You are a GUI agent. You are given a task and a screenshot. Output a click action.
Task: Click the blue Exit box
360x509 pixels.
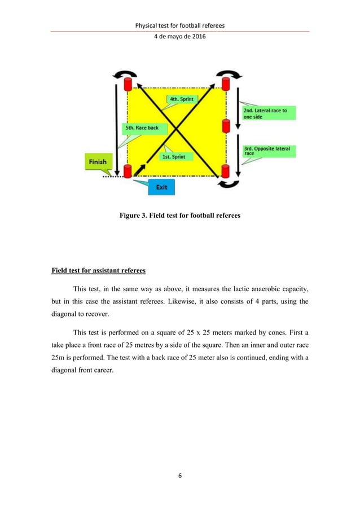point(161,186)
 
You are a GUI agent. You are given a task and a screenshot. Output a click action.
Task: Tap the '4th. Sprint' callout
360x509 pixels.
point(181,99)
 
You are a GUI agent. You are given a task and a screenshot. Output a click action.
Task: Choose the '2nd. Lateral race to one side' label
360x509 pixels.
point(265,113)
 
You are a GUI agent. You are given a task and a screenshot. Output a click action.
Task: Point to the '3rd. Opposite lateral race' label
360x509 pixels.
point(266,151)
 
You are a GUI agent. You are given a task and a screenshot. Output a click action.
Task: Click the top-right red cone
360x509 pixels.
point(226,85)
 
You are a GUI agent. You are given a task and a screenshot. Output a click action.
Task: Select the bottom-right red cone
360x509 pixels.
point(226,171)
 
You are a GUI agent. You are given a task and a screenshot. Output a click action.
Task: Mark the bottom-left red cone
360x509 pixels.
point(127,171)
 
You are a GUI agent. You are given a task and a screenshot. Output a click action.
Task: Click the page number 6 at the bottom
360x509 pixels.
point(180,492)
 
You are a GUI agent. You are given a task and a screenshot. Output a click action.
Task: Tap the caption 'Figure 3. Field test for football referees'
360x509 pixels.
point(180,214)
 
